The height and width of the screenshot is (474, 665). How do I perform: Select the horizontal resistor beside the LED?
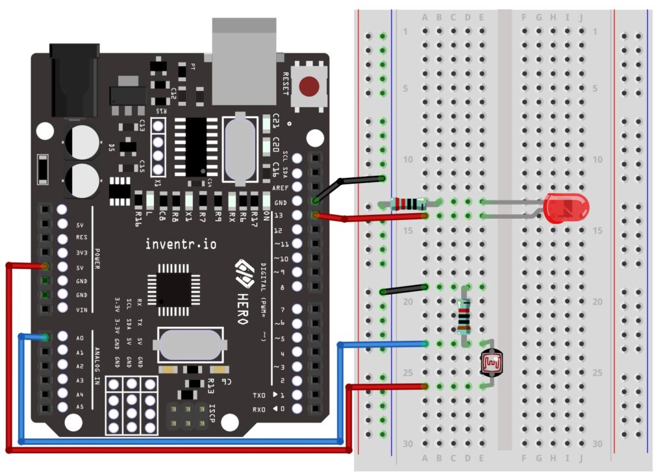tap(408, 204)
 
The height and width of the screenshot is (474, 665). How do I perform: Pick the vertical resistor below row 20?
tap(463, 316)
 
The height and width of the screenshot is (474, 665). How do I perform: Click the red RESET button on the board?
tap(309, 86)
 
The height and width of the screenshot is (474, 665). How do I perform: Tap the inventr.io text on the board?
tap(181, 244)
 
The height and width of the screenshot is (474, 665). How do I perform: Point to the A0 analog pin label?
tap(80, 338)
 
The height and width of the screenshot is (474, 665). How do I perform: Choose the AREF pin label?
tap(279, 188)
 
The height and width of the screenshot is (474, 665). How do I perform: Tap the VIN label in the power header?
tap(81, 309)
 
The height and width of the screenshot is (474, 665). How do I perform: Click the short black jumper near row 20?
tap(404, 290)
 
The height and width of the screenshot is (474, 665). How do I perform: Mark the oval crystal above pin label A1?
tap(192, 344)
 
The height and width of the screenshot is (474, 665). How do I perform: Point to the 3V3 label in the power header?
tap(81, 253)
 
